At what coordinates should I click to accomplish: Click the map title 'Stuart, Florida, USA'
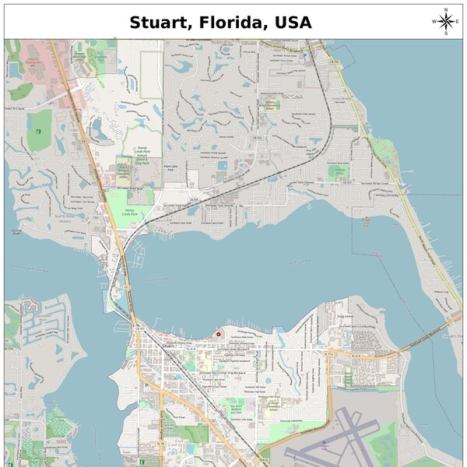[x=220, y=22]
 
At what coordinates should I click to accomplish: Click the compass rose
[x=445, y=21]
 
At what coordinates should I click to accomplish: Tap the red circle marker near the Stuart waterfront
[x=219, y=334]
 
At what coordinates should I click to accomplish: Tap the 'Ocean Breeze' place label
[x=343, y=97]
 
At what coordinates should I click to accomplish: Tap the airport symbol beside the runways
[x=325, y=441]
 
